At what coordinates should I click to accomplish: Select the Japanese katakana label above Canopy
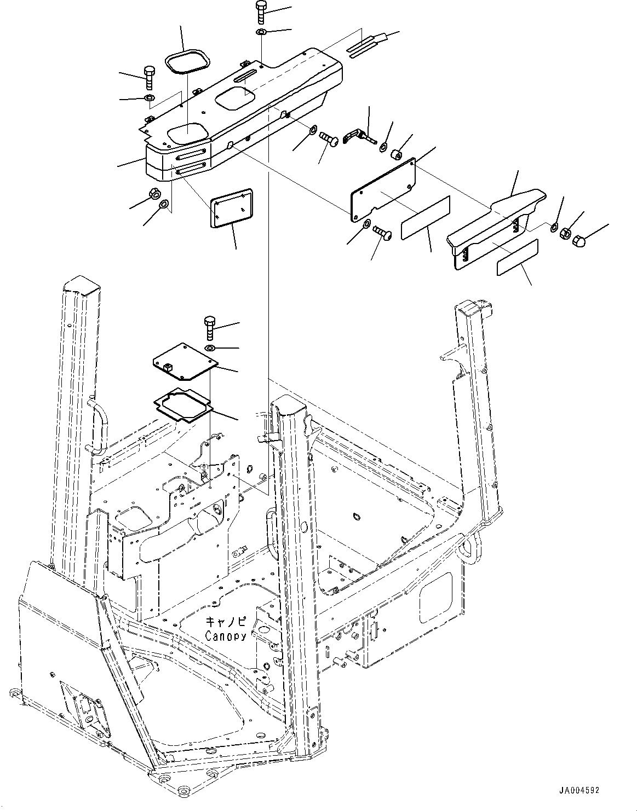point(226,622)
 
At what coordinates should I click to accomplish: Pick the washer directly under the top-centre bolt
point(261,33)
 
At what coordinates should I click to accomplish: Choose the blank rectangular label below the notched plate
point(425,217)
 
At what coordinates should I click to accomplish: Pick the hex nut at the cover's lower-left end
point(154,193)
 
